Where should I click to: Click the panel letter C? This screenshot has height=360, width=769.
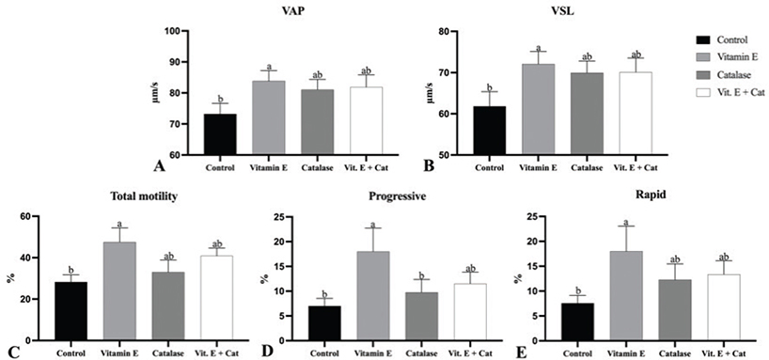[x=8, y=352]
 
